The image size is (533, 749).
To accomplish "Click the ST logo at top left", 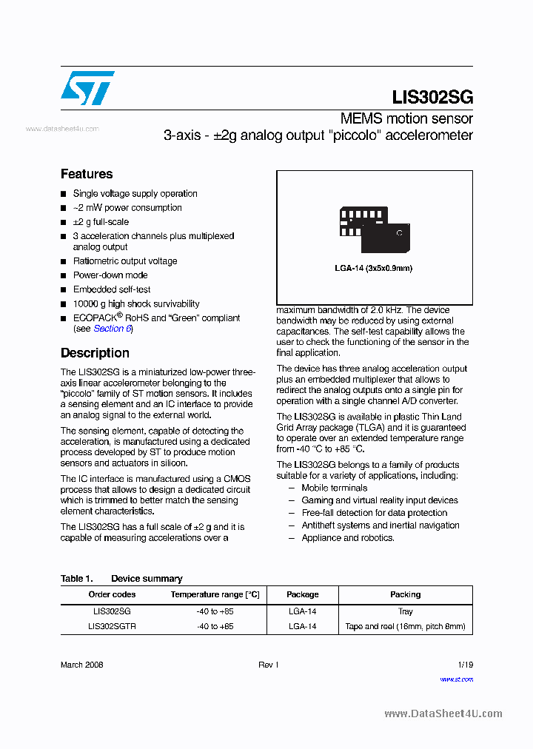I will coord(87,88).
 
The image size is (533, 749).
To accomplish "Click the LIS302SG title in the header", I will coord(432,97).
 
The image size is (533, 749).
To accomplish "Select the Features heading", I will coord(87,174).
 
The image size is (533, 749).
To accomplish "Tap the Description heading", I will coord(95,353).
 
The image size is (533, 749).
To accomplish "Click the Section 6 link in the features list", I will coord(113,329).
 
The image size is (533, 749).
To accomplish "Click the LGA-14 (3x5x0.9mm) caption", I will coord(374,268).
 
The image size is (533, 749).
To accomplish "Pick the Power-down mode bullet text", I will coord(110,275).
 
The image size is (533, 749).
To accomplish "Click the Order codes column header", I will coord(112,594).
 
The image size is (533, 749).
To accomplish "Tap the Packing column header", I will coord(405,594).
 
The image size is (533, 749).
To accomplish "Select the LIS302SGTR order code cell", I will coord(112,626).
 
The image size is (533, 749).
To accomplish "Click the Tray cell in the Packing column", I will coord(405,611).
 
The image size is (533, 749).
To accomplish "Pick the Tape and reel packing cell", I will coord(405,626).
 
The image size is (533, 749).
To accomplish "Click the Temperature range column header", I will coord(215,594).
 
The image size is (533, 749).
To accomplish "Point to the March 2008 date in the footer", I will coord(81,665).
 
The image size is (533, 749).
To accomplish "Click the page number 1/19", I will coord(465,665).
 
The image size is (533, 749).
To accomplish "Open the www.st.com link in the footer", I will coord(456,679).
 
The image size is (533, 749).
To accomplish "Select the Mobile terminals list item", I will coord(334,488).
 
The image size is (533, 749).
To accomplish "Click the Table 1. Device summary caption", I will coord(121,579).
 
